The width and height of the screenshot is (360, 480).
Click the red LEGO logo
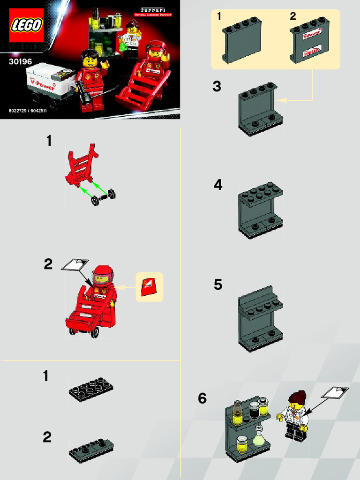[27, 25]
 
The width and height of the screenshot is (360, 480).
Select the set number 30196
[20, 61]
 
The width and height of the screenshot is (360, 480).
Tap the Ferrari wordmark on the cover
[153, 10]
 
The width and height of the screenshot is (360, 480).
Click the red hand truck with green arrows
[82, 166]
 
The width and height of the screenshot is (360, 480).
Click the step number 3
[217, 87]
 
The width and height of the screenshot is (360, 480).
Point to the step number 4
[217, 185]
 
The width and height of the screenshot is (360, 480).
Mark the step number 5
[217, 285]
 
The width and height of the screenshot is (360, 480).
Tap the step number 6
[202, 398]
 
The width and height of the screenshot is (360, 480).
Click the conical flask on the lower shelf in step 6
[259, 437]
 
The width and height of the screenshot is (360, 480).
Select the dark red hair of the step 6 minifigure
[298, 397]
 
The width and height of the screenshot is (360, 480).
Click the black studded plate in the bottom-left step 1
[91, 389]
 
